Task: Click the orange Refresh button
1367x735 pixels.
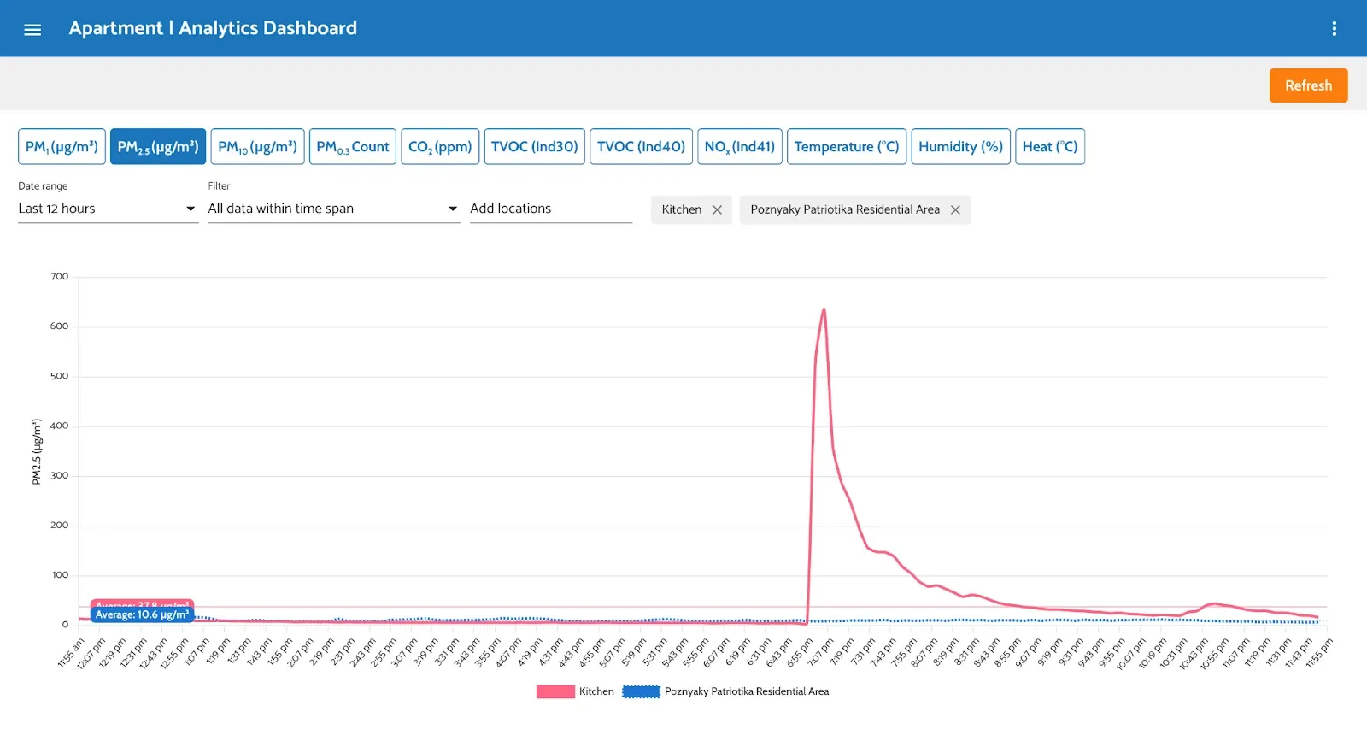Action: [x=1308, y=85]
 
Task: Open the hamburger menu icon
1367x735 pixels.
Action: [x=32, y=30]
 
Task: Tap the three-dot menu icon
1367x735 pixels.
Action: [x=1334, y=29]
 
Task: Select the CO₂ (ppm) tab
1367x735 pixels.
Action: [x=440, y=147]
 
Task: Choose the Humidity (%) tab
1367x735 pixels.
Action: [x=960, y=147]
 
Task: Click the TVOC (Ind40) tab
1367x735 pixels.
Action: [x=641, y=147]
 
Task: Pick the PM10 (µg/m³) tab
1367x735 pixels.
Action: [x=257, y=147]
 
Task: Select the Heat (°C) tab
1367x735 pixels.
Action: [x=1049, y=147]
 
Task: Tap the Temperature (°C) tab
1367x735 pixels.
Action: [x=846, y=147]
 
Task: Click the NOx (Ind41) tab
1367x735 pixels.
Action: [x=739, y=147]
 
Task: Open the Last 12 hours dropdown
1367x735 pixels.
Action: [x=108, y=209]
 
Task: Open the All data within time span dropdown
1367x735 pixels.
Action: [x=333, y=209]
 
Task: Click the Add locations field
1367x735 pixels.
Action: [x=550, y=209]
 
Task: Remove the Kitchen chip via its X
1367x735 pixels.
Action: [x=717, y=209]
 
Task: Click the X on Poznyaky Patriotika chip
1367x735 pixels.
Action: [x=955, y=209]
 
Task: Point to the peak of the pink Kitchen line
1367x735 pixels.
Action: [x=824, y=309]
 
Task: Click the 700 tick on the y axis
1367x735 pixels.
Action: [x=59, y=277]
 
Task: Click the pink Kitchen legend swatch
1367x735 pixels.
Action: [x=555, y=691]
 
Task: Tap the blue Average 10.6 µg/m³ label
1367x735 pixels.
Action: [x=142, y=614]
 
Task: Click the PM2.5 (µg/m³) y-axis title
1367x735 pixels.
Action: [x=37, y=451]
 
